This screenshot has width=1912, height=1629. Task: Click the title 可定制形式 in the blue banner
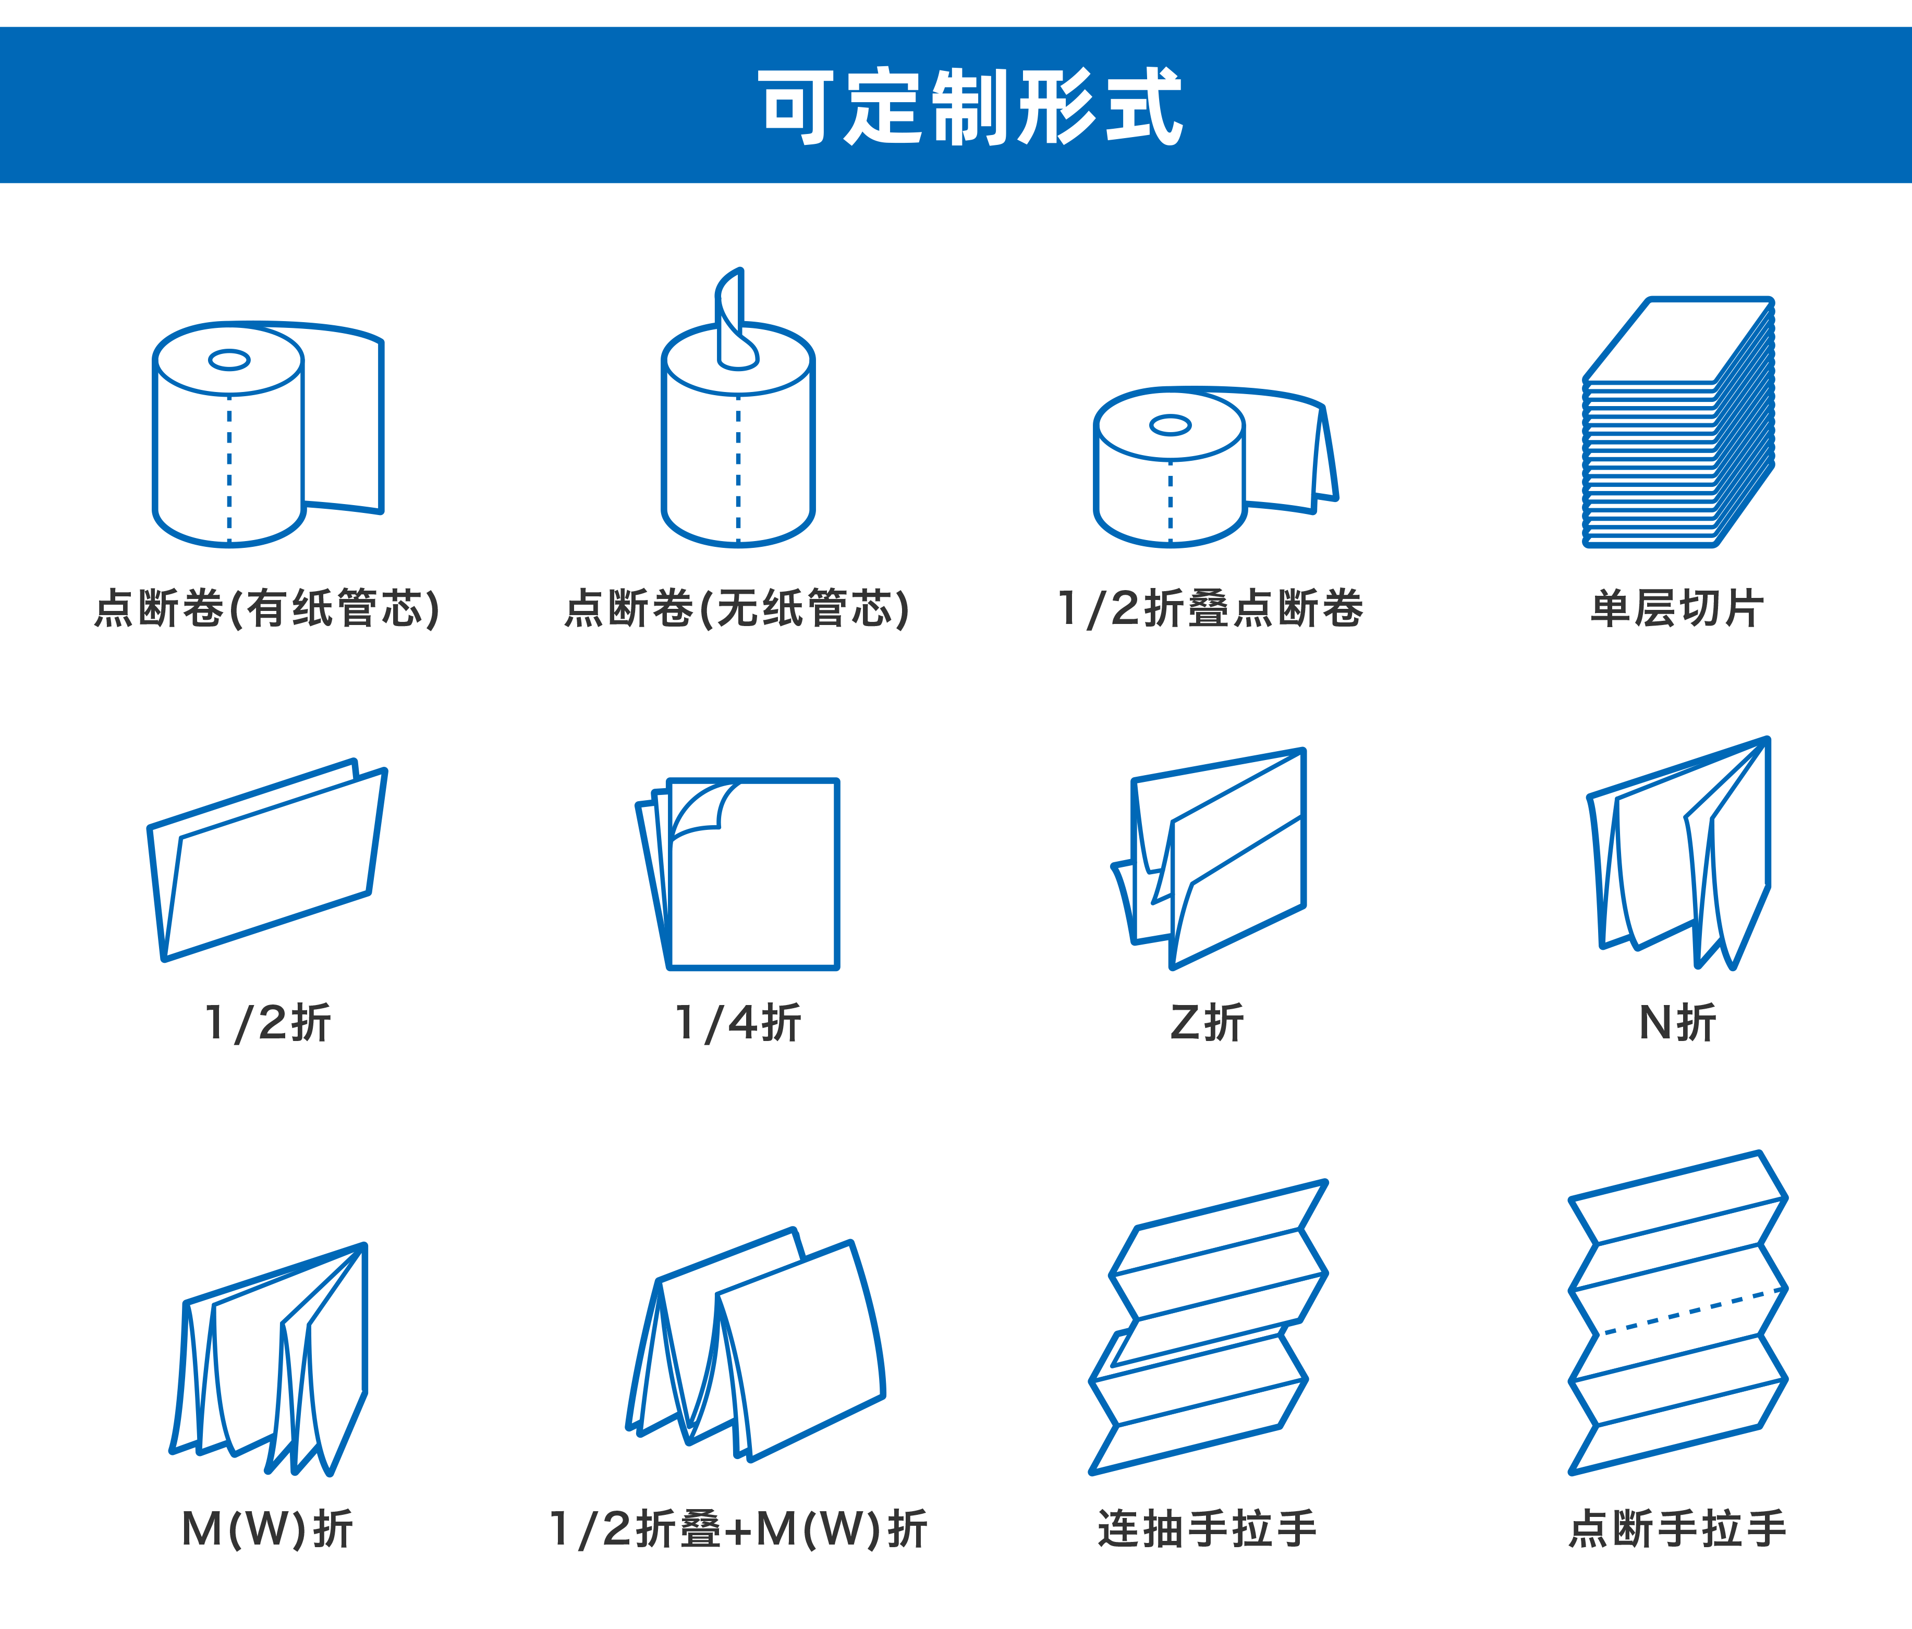[970, 106]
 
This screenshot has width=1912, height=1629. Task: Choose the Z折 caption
[1207, 1022]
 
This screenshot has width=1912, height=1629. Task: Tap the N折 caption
[1677, 1022]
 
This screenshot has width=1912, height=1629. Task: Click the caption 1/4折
[738, 1022]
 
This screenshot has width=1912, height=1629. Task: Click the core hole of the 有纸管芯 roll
[229, 360]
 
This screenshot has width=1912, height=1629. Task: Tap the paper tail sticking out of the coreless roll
[736, 318]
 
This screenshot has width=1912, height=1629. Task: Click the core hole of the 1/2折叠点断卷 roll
[1170, 424]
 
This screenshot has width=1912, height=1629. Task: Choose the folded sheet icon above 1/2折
[266, 860]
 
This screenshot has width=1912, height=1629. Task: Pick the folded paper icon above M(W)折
[269, 1359]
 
